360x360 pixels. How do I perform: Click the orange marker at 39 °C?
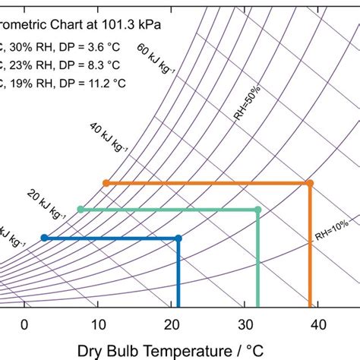310,183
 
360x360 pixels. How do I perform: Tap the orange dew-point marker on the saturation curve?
106,183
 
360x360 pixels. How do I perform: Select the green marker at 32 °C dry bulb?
259,209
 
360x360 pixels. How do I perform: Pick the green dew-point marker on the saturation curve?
80,209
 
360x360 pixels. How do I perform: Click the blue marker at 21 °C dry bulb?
178,238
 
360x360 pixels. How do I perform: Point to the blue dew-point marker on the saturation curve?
44,238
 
